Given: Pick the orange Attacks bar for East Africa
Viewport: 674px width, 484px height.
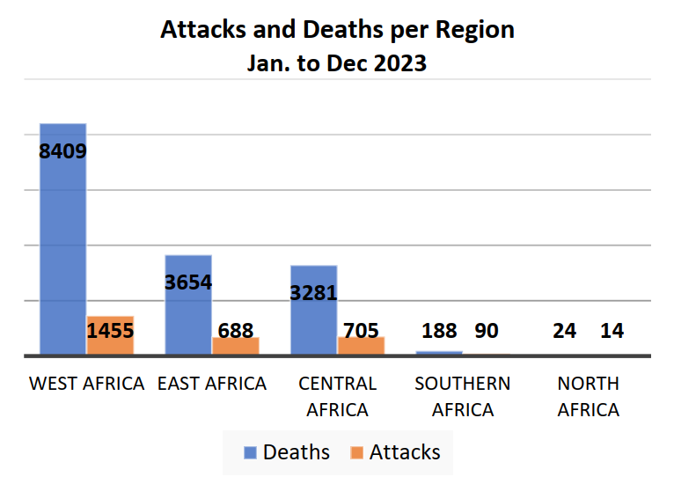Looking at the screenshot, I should (236, 347).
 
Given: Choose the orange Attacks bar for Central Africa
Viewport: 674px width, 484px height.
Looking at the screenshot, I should (362, 347).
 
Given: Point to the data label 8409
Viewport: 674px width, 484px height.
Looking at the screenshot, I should (62, 150).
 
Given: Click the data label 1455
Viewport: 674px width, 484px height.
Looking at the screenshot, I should (110, 331).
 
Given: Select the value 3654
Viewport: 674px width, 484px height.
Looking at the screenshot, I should (187, 282).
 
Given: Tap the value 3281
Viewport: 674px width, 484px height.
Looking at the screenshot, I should (313, 292).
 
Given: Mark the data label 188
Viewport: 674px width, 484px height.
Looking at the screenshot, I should (439, 331).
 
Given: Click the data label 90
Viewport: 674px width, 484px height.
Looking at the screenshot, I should (487, 331).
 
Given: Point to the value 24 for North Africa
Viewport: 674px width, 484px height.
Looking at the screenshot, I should (565, 331).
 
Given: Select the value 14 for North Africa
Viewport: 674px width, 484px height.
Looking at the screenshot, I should (612, 331).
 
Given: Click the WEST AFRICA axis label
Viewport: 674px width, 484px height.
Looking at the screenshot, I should (86, 384).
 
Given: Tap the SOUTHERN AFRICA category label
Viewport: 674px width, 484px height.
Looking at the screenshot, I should (462, 397).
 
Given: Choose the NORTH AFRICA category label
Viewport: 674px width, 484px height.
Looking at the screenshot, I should (588, 397).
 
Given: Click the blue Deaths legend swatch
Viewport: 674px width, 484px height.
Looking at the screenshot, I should (250, 452).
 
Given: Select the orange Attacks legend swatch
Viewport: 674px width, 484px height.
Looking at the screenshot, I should (356, 452).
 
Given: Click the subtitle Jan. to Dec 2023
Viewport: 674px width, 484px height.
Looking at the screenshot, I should (337, 63).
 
